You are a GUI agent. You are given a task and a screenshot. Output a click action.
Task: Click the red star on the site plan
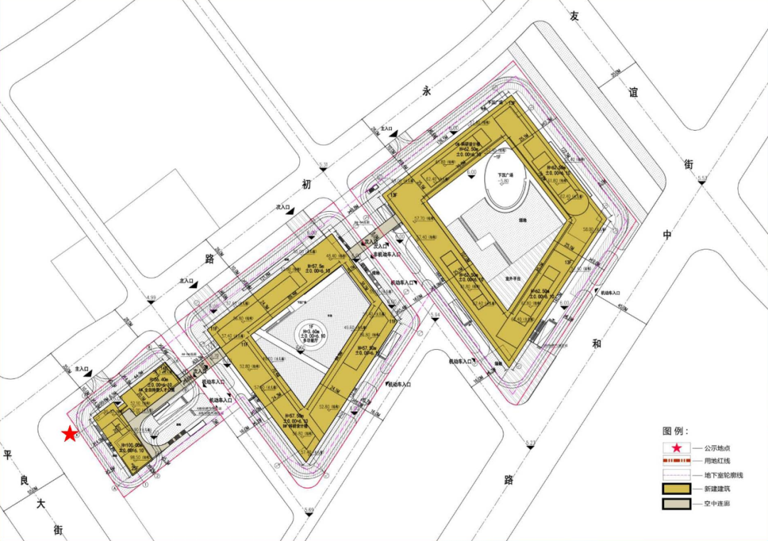pyautogui.click(x=69, y=434)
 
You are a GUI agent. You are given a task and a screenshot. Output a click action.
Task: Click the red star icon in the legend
pyautogui.click(x=677, y=448)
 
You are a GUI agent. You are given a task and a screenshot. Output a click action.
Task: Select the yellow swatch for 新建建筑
pyautogui.click(x=677, y=489)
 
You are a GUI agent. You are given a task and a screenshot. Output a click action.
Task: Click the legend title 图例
pyautogui.click(x=676, y=432)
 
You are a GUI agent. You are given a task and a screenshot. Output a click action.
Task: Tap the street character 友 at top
pyautogui.click(x=575, y=16)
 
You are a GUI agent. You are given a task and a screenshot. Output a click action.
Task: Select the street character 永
pyautogui.click(x=427, y=91)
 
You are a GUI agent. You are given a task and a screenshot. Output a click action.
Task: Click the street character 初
pyautogui.click(x=306, y=184)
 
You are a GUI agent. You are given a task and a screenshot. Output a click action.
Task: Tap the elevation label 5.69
pyautogui.click(x=308, y=510)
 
